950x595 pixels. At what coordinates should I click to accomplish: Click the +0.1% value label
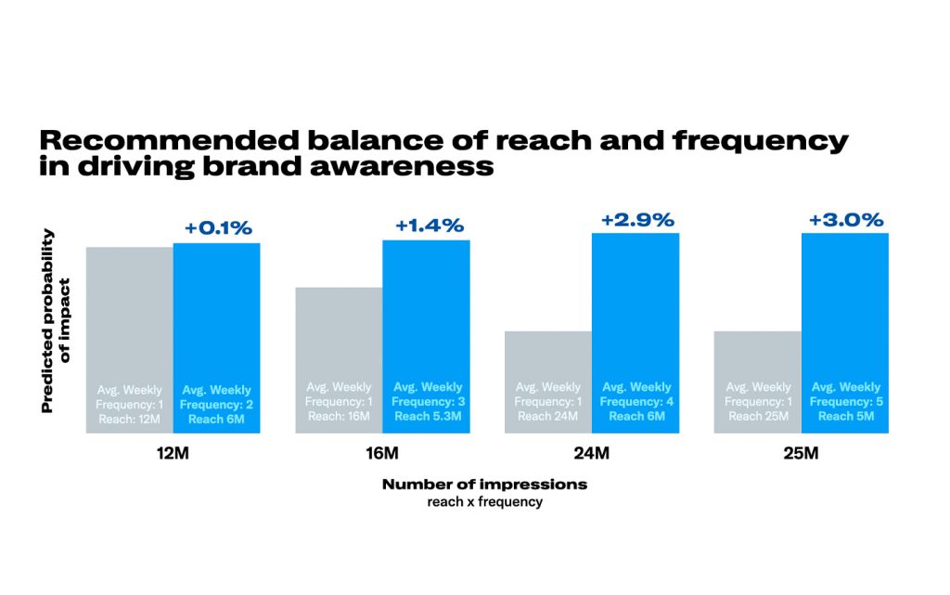click(x=216, y=228)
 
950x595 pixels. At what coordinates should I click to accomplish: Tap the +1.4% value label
click(x=429, y=225)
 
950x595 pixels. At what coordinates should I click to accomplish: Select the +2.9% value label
click(x=638, y=220)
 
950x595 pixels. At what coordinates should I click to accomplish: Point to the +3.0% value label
click(x=846, y=220)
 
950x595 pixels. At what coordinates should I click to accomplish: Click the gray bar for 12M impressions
click(x=130, y=316)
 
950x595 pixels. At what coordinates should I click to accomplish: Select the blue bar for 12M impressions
click(x=216, y=316)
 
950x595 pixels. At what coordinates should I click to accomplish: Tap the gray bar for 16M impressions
click(x=339, y=334)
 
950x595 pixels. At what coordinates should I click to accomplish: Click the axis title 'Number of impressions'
click(x=484, y=485)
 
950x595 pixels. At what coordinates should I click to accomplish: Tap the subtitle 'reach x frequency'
click(x=484, y=502)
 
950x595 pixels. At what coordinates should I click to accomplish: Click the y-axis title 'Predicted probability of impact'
click(x=55, y=320)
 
